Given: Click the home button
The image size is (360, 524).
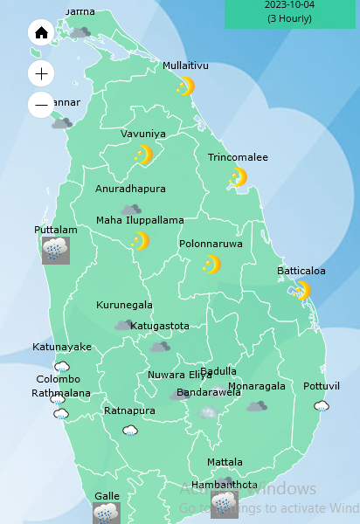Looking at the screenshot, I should (41, 33).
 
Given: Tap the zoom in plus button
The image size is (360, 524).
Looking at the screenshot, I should (41, 73).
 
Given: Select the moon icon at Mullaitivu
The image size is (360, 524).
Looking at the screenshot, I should (185, 86).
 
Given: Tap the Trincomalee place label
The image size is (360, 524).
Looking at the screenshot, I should (238, 158).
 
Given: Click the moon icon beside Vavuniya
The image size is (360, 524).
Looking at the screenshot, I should (144, 155).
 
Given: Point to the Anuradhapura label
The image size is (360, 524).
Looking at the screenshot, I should (130, 189).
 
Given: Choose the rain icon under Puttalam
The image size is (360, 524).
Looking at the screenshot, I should (56, 251).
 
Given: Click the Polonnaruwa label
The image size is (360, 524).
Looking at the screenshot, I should (211, 245).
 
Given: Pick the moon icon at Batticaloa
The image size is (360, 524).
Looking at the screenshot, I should (302, 290).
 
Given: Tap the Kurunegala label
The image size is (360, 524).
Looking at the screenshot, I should (124, 306).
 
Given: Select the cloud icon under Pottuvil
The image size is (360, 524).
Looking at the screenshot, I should (322, 406).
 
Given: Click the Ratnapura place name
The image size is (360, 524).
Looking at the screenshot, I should (130, 410).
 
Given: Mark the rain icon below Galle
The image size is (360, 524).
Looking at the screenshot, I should (106, 514).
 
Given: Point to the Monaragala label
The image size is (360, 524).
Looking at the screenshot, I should (257, 386).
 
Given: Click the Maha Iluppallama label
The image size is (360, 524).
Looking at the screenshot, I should (140, 220).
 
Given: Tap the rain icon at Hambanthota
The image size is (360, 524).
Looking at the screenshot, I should (224, 504).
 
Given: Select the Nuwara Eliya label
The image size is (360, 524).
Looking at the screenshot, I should (179, 375).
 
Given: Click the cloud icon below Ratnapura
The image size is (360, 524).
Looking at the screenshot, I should (130, 430).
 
